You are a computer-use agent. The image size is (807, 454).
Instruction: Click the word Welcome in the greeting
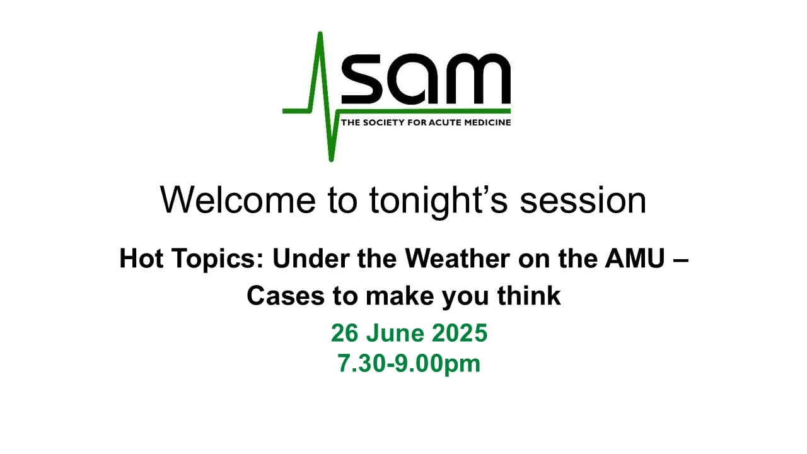238,200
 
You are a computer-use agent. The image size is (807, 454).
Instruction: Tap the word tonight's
438,201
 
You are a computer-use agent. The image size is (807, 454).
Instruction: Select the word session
583,201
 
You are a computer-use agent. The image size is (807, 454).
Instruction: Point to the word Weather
457,259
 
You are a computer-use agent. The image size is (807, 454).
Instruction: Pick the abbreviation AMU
635,259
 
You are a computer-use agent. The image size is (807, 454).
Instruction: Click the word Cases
286,296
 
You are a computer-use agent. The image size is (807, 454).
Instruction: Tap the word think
529,296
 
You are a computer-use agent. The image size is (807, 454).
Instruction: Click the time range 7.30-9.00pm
409,364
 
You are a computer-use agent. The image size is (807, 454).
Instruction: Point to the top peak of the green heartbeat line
320,34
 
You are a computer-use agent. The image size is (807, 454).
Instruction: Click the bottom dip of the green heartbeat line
332,159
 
